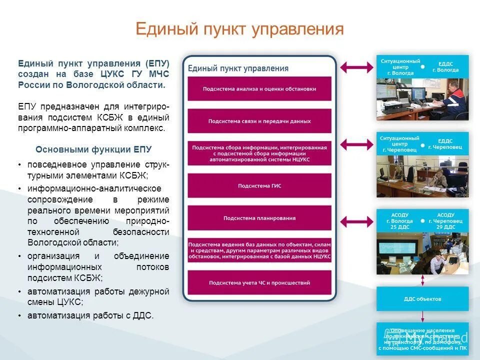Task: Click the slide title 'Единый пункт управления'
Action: point(239,28)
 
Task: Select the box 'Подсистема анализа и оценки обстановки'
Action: point(259,89)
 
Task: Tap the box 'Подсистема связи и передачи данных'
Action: point(259,121)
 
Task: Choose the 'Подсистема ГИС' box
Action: point(259,185)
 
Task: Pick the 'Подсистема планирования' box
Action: point(259,218)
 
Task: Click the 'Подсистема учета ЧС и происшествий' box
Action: point(259,282)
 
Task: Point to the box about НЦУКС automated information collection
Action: point(259,153)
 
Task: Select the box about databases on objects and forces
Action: point(259,250)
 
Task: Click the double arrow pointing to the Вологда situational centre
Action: point(356,66)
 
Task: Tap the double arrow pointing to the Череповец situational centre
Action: point(356,144)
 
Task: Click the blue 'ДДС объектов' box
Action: point(422,299)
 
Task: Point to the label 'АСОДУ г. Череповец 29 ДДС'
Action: point(445,220)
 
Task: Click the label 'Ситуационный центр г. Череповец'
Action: point(399,144)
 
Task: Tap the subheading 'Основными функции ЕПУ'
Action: point(93,149)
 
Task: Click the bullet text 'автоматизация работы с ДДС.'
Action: point(90,315)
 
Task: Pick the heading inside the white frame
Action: point(238,68)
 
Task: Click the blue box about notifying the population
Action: point(422,338)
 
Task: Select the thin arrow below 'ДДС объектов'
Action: point(422,316)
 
